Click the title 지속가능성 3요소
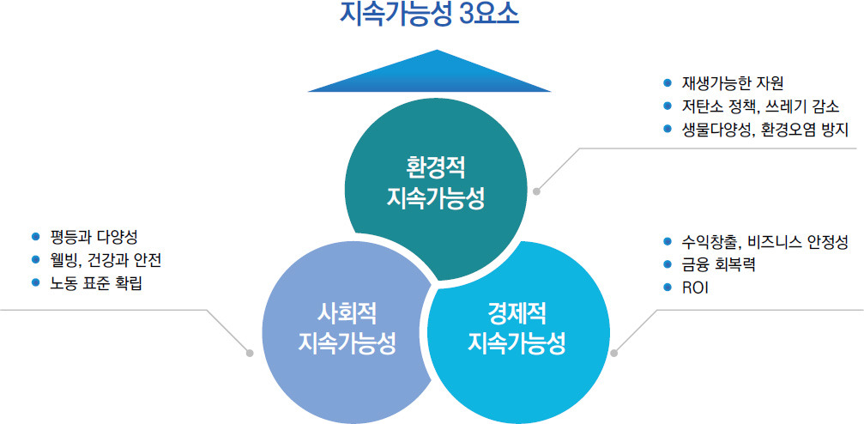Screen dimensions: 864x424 [x=430, y=13]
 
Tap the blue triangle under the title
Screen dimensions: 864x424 [x=429, y=75]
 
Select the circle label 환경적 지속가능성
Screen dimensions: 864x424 [x=435, y=181]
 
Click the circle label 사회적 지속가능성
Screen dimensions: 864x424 [x=347, y=330]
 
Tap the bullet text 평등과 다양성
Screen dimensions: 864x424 [x=93, y=237]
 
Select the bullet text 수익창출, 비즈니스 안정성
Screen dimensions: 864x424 [x=764, y=241]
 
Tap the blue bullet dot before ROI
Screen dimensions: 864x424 [x=668, y=288]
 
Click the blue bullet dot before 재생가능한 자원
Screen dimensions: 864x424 [x=668, y=83]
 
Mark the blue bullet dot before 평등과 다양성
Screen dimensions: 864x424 [x=36, y=237]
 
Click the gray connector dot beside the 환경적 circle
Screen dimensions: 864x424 [x=537, y=192]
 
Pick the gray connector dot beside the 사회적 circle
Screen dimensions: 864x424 [x=250, y=353]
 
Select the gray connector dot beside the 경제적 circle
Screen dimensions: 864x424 [x=614, y=353]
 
